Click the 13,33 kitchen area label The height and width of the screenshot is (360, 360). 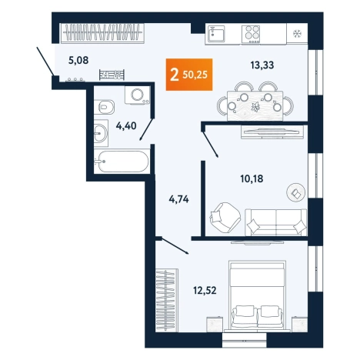tap(262, 65)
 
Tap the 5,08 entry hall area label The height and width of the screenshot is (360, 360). tap(78, 60)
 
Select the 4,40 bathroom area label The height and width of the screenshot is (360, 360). tap(126, 125)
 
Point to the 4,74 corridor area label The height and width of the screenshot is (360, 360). tap(178, 199)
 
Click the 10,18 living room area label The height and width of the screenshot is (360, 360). tap(252, 178)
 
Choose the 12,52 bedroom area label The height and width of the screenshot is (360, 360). tap(205, 291)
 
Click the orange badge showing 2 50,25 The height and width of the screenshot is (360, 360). tap(189, 75)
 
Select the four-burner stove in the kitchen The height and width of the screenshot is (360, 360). tap(251, 34)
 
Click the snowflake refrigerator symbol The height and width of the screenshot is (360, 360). tap(298, 34)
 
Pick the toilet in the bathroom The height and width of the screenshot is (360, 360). tap(104, 106)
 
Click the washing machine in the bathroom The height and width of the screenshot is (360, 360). tap(137, 95)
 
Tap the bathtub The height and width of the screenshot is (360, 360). tap(121, 162)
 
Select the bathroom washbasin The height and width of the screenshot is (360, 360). tap(101, 133)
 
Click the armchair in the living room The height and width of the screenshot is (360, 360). tap(225, 216)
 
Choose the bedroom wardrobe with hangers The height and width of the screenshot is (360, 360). tap(167, 300)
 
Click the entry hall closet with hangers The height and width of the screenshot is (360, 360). tap(102, 33)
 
